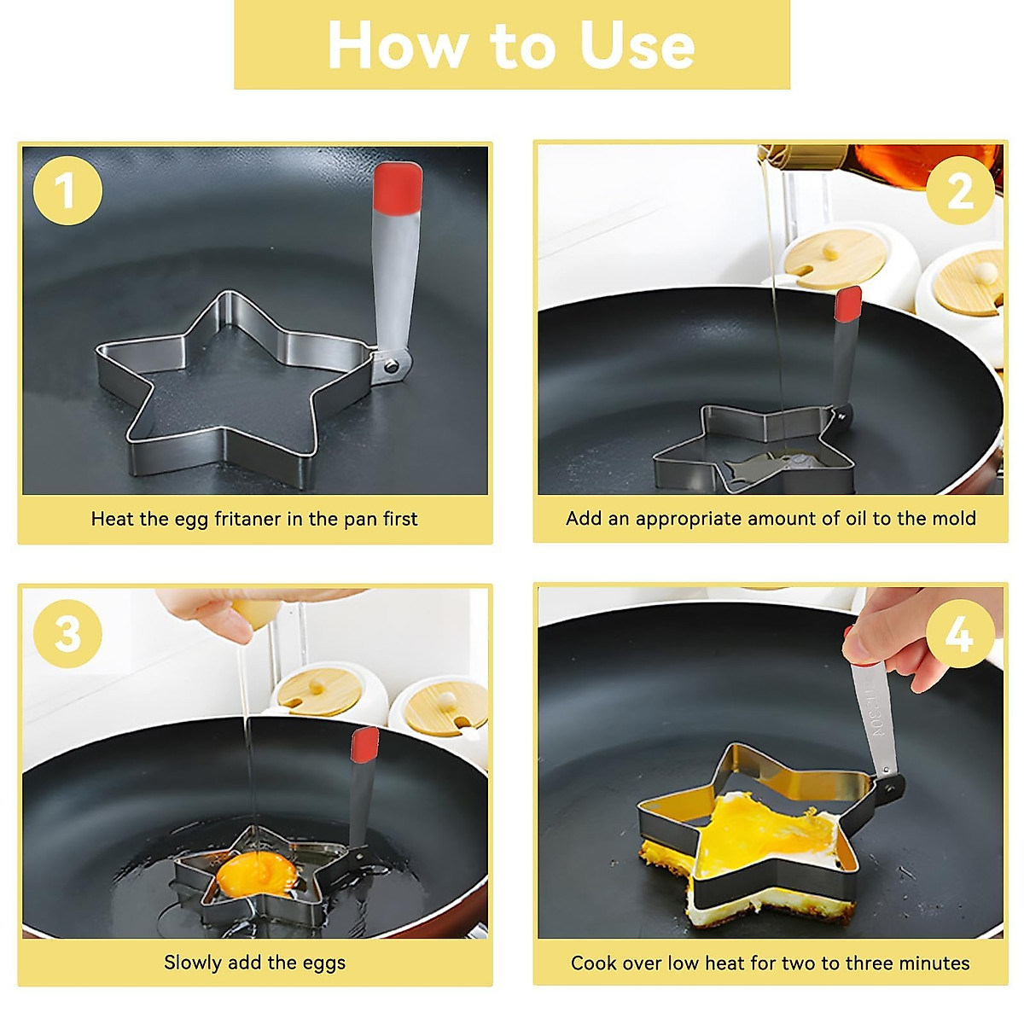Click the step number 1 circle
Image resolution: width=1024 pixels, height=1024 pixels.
tap(67, 190)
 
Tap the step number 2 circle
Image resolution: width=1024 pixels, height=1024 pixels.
tap(960, 190)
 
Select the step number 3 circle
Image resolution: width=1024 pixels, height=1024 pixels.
tap(67, 633)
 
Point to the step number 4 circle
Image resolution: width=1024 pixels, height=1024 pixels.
tap(960, 633)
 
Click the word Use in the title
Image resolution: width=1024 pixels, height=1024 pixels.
tap(637, 46)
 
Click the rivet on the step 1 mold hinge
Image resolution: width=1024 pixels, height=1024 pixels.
tap(392, 366)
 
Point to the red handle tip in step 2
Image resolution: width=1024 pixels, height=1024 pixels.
tap(848, 304)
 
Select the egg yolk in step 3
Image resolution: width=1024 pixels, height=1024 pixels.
tap(257, 873)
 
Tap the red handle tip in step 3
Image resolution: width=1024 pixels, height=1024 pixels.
tap(365, 744)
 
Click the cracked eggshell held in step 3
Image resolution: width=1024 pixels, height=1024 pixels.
tap(256, 614)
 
